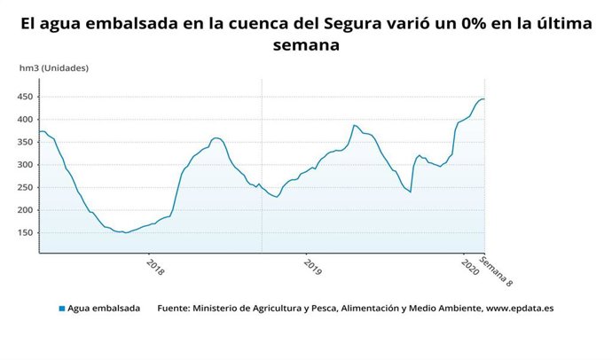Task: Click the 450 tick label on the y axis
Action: [27, 97]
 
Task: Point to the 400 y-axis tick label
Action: [27, 120]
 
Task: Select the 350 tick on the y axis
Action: [27, 142]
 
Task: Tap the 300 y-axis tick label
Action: [27, 165]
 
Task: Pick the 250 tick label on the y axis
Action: [27, 188]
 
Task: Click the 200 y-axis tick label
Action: [27, 210]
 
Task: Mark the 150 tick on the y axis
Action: [27, 233]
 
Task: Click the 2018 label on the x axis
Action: [155, 266]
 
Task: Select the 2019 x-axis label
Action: [308, 266]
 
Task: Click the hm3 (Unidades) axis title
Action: [54, 68]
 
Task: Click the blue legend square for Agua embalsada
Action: [62, 309]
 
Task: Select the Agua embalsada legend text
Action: [104, 309]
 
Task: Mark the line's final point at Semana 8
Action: [484, 98]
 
